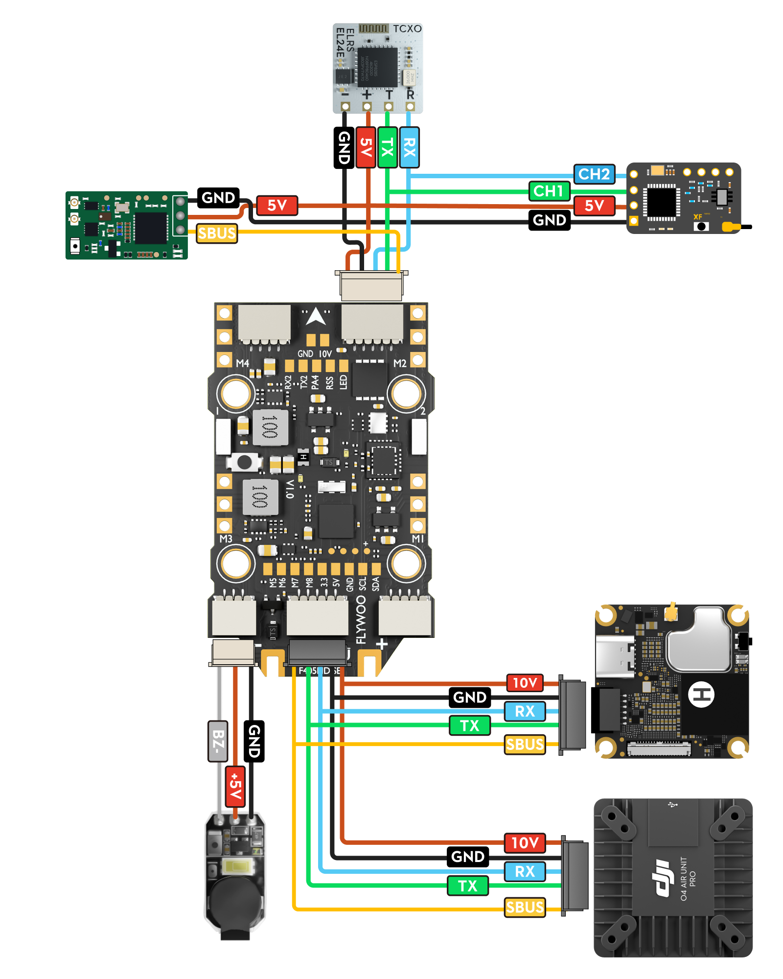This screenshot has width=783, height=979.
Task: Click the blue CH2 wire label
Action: pos(594,174)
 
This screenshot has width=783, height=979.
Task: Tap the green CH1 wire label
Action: pos(549,191)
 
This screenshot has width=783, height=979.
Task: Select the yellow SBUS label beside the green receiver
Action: pos(217,233)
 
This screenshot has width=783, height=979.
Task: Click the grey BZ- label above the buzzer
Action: pos(218,741)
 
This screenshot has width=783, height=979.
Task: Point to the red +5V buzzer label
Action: pos(235,786)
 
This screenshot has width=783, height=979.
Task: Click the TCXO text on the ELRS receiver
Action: pos(407,29)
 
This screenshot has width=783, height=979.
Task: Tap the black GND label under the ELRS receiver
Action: pos(344,147)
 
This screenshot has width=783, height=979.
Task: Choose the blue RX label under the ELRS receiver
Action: pos(409,147)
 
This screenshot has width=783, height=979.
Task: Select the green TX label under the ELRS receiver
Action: pos(387,147)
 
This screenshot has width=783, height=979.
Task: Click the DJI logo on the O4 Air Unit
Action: pos(663,879)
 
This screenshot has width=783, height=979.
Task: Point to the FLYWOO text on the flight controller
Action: pos(361,620)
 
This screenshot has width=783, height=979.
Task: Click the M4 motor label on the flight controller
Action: pos(243,363)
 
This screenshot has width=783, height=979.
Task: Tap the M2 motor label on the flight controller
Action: pos(400,363)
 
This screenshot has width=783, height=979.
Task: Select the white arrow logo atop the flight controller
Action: pos(316,317)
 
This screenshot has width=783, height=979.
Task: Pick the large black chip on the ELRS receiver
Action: pos(377,68)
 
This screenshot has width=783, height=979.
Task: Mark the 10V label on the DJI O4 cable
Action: pos(525,843)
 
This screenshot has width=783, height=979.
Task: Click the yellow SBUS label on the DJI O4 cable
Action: pos(525,908)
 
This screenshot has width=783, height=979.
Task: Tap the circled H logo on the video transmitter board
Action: pos(701,694)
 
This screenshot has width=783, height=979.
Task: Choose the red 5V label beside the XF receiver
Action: pos(594,206)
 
